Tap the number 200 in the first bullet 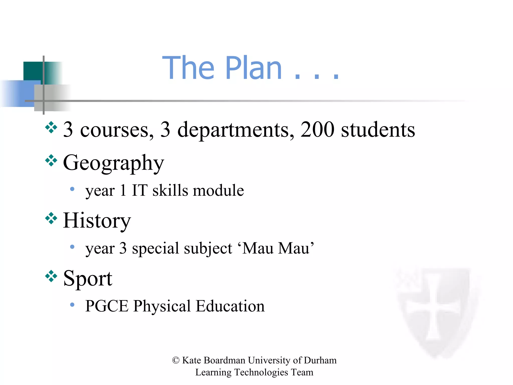tap(317, 130)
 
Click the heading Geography tap(113, 163)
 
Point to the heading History tap(97, 221)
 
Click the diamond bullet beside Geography tap(51, 160)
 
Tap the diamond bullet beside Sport tap(51, 276)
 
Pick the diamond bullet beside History tap(51, 218)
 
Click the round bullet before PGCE tap(72, 305)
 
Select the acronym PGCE tap(106, 306)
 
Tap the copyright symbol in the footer tap(176, 360)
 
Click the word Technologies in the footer tap(261, 372)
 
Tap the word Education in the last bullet tap(230, 306)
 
